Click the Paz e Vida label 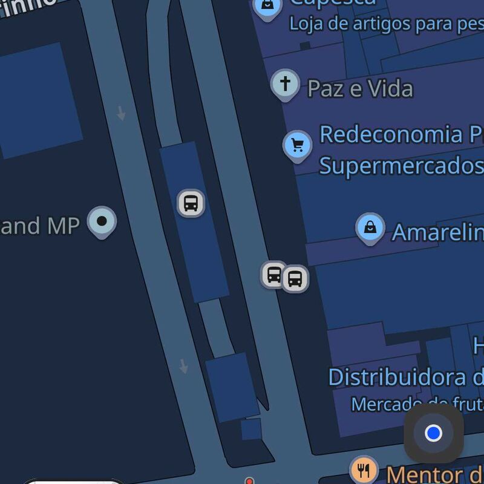[x=360, y=89]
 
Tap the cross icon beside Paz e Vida [x=285, y=83]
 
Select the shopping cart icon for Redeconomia [x=297, y=145]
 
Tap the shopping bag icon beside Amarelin [x=370, y=228]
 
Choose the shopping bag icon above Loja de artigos [x=267, y=7]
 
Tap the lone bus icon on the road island [x=191, y=203]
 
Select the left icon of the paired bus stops [x=273, y=275]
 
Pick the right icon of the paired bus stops [x=295, y=279]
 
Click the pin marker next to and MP [x=102, y=221]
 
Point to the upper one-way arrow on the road [x=121, y=113]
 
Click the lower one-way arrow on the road [x=183, y=366]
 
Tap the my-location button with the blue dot [x=433, y=433]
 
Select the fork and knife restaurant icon [x=364, y=469]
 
